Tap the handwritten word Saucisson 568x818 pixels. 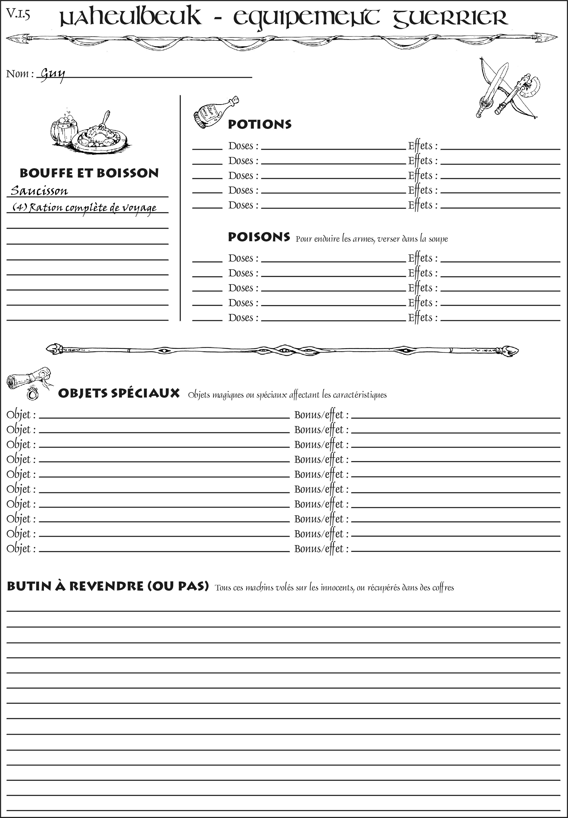pos(39,191)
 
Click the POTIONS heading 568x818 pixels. pos(259,124)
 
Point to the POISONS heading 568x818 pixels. pos(259,237)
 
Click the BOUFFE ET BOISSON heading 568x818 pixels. pos(89,173)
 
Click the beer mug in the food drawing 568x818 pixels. pos(64,130)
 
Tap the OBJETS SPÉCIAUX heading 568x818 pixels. pos(119,393)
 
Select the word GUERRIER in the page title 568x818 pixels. pos(450,18)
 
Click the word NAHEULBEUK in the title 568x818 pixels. pos(130,18)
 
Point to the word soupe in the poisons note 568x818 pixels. pos(438,239)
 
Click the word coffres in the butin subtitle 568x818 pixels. pos(443,588)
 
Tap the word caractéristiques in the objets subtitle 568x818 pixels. pos(359,395)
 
